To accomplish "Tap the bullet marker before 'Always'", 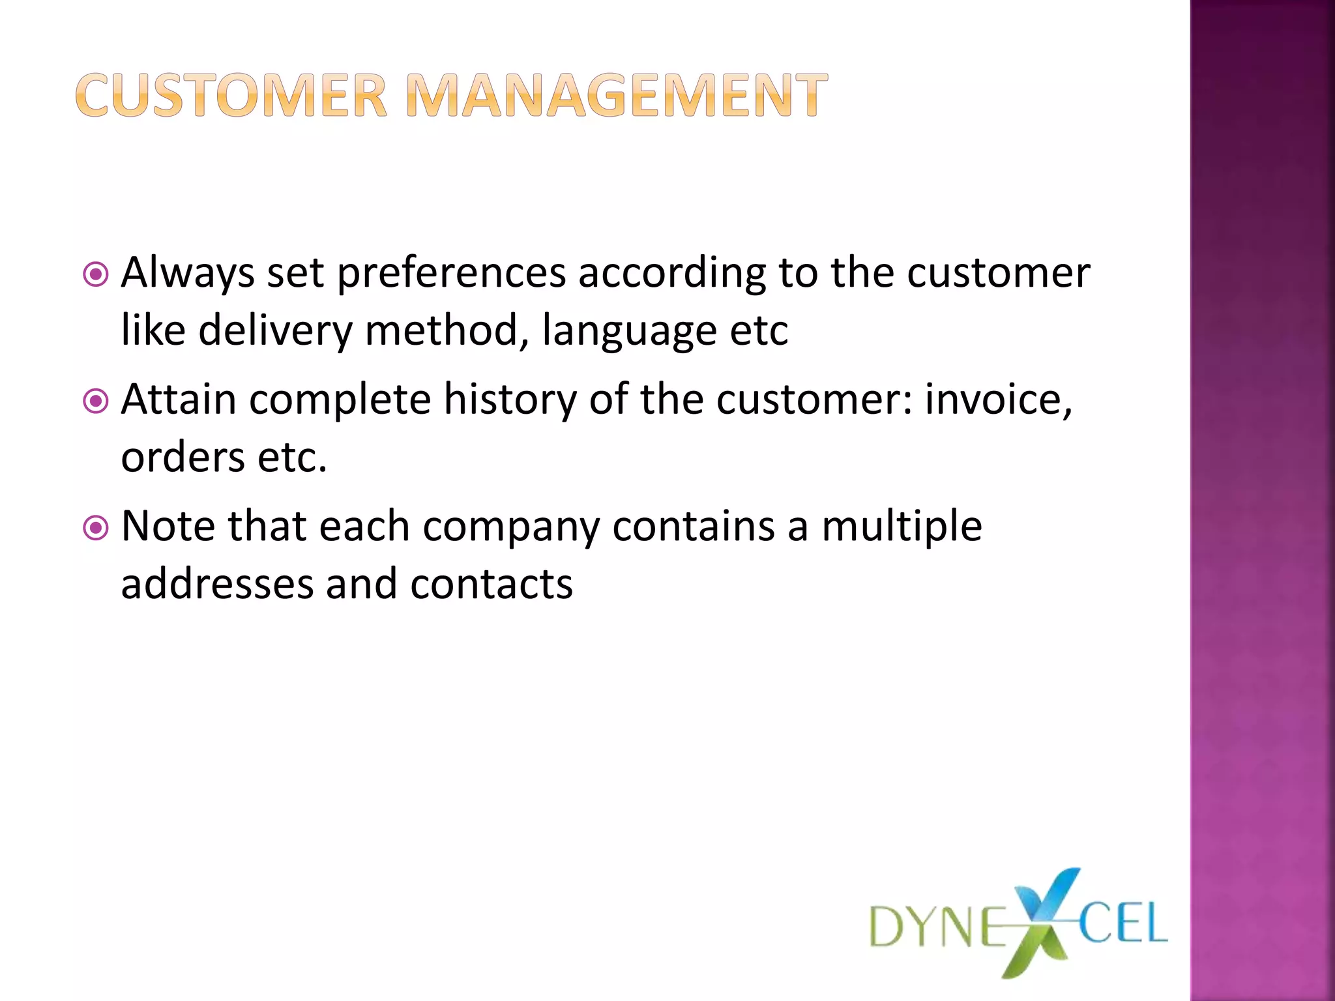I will click(96, 274).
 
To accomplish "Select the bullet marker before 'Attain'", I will click(96, 401).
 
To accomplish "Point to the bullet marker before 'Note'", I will click(96, 527).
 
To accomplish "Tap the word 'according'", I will click(672, 274).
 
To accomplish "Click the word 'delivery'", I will click(275, 330).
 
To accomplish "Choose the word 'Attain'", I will click(179, 399).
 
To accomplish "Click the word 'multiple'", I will click(902, 527).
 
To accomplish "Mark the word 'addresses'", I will click(217, 583).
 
